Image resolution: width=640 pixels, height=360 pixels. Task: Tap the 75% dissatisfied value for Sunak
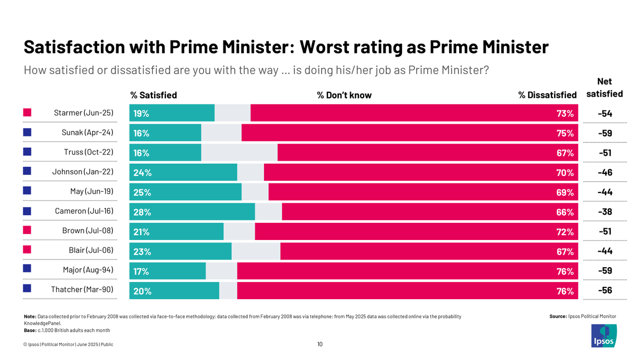(564, 133)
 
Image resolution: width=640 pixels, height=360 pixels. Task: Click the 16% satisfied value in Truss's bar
(141, 153)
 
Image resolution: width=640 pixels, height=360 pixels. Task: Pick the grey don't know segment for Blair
(255, 252)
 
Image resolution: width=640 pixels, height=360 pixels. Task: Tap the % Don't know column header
(344, 95)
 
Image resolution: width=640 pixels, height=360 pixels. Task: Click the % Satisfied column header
(154, 95)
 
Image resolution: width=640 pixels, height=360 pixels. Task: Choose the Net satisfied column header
(604, 88)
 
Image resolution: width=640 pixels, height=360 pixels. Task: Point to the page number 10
(320, 345)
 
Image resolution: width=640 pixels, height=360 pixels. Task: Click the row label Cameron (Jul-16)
(84, 212)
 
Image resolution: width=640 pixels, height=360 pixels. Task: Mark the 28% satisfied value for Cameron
(141, 212)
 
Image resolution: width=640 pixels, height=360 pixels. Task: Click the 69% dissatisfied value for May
(564, 193)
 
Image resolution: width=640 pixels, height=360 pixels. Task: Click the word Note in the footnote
(30, 316)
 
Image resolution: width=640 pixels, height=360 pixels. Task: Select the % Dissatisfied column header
(547, 95)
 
